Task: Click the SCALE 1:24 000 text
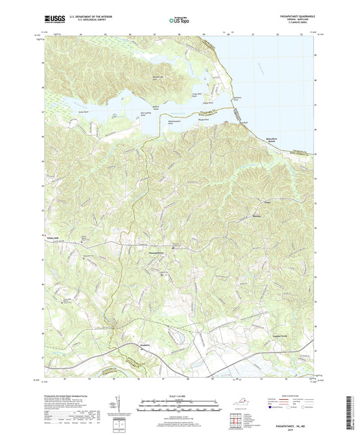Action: (179, 395)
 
